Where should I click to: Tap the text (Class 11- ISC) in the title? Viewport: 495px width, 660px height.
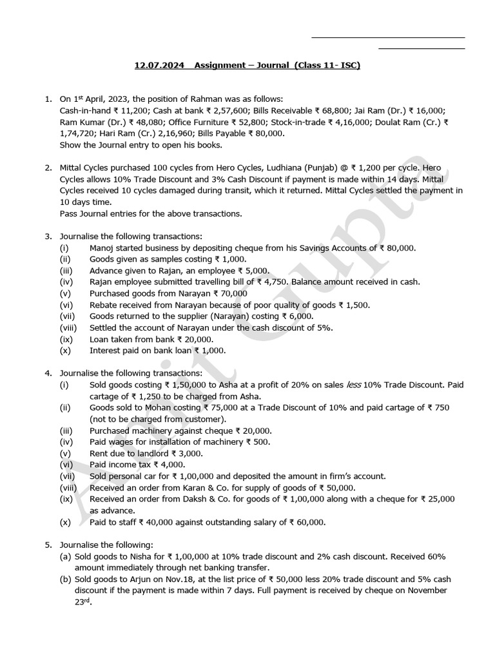[x=327, y=66]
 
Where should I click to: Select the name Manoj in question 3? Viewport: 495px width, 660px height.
[x=103, y=247]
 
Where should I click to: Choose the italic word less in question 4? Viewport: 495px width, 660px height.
[x=354, y=385]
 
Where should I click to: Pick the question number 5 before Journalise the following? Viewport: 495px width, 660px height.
[x=48, y=545]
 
